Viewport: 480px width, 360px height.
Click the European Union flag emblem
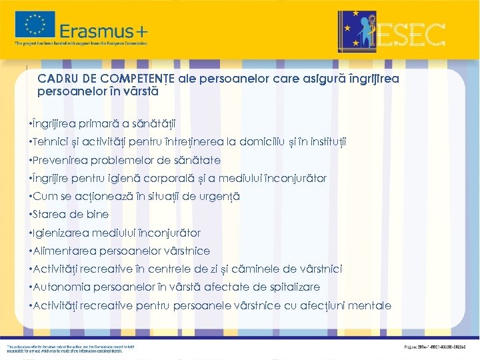[35, 25]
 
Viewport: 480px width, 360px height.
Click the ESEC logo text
[411, 33]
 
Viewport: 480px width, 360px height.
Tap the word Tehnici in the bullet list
[51, 142]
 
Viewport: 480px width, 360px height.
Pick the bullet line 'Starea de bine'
[71, 215]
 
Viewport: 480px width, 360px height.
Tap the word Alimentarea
[65, 251]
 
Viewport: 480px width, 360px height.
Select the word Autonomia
[62, 287]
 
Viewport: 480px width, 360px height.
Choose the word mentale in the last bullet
[370, 305]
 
